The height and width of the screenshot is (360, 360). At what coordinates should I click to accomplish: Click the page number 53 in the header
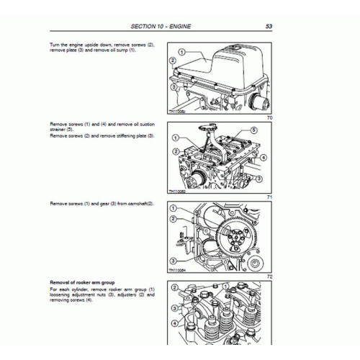tap(269, 27)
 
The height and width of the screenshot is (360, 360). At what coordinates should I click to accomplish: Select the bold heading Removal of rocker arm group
tap(83, 282)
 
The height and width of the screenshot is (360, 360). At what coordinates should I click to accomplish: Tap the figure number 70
tap(269, 117)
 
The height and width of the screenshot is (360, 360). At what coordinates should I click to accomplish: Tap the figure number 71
tap(269, 197)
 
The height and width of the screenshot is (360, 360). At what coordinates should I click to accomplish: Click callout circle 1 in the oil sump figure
tap(183, 52)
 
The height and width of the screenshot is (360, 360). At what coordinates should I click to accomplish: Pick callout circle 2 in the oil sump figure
tap(173, 62)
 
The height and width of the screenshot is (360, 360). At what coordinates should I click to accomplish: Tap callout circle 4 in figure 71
tap(264, 157)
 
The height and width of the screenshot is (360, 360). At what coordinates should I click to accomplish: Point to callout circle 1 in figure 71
tap(174, 137)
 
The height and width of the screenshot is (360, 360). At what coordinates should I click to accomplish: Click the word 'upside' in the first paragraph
tap(92, 45)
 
